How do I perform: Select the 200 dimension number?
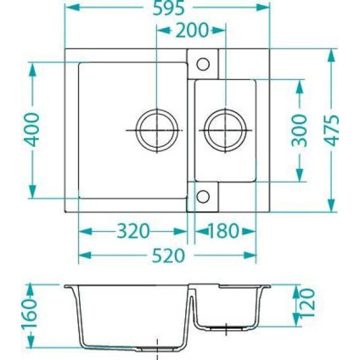click(194, 32)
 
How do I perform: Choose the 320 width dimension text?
click(132, 230)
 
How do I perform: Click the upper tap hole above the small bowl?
click(204, 63)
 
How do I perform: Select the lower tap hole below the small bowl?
click(204, 197)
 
